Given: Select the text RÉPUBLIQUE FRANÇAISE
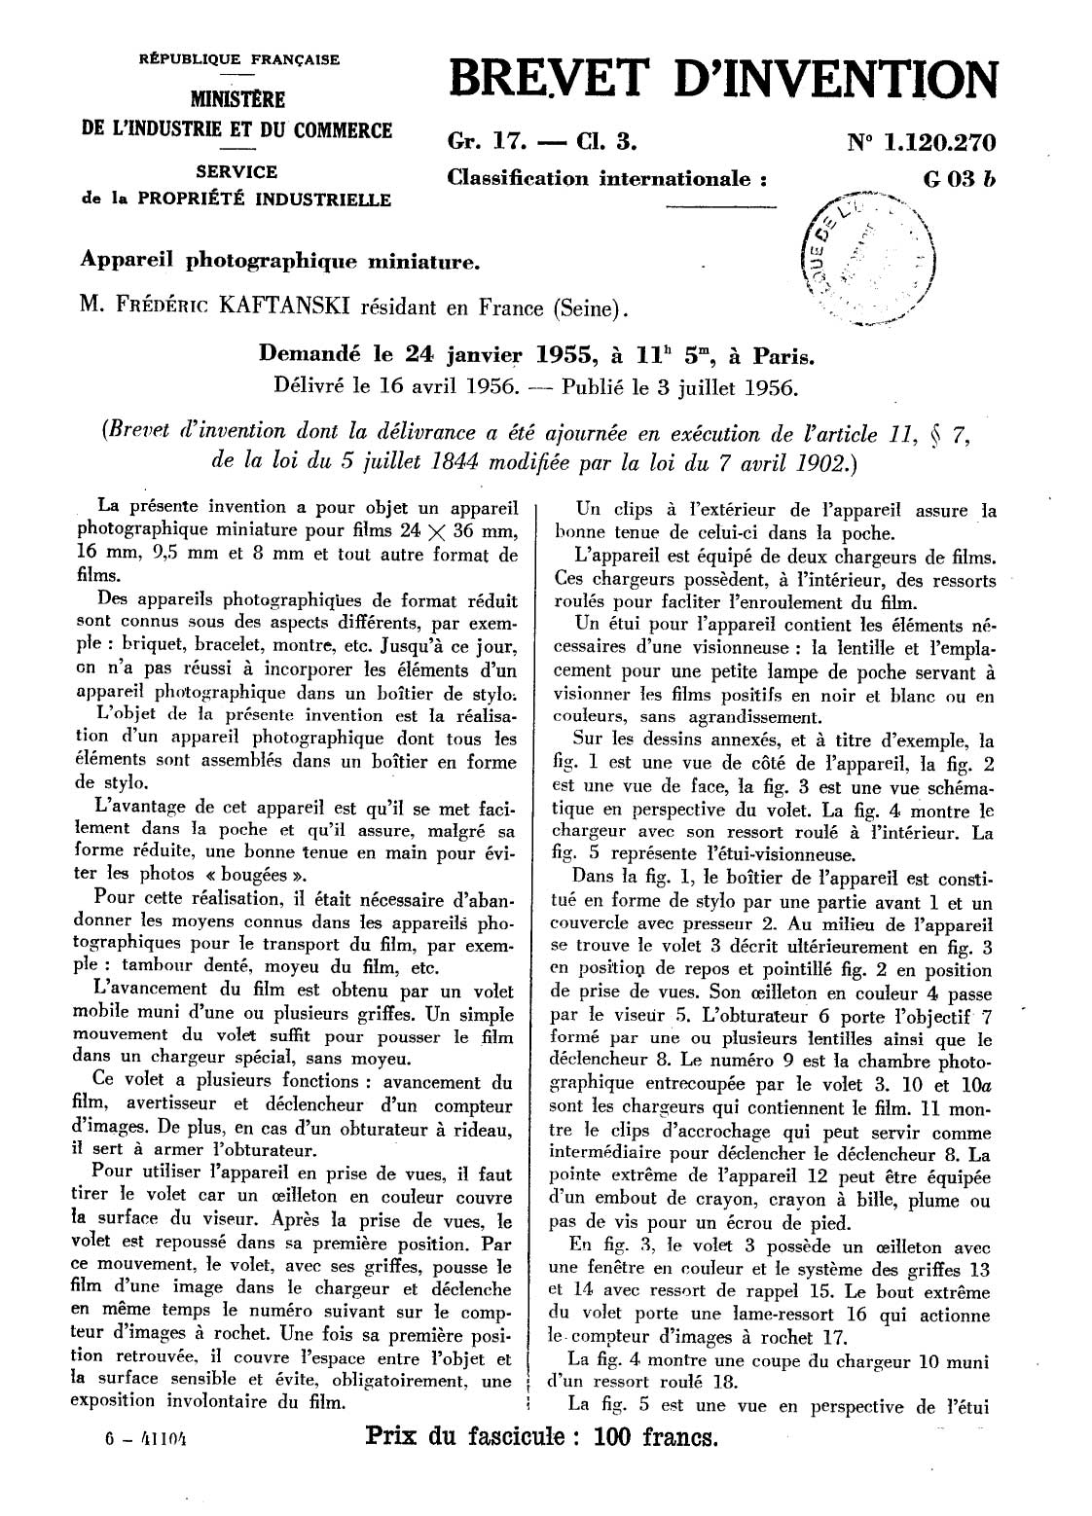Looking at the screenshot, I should (x=239, y=59).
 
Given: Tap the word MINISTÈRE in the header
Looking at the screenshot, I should (x=237, y=99).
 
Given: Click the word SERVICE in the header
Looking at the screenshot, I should (x=237, y=172).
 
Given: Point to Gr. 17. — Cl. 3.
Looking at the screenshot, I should (x=543, y=143).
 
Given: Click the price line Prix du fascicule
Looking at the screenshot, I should (x=540, y=1436).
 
